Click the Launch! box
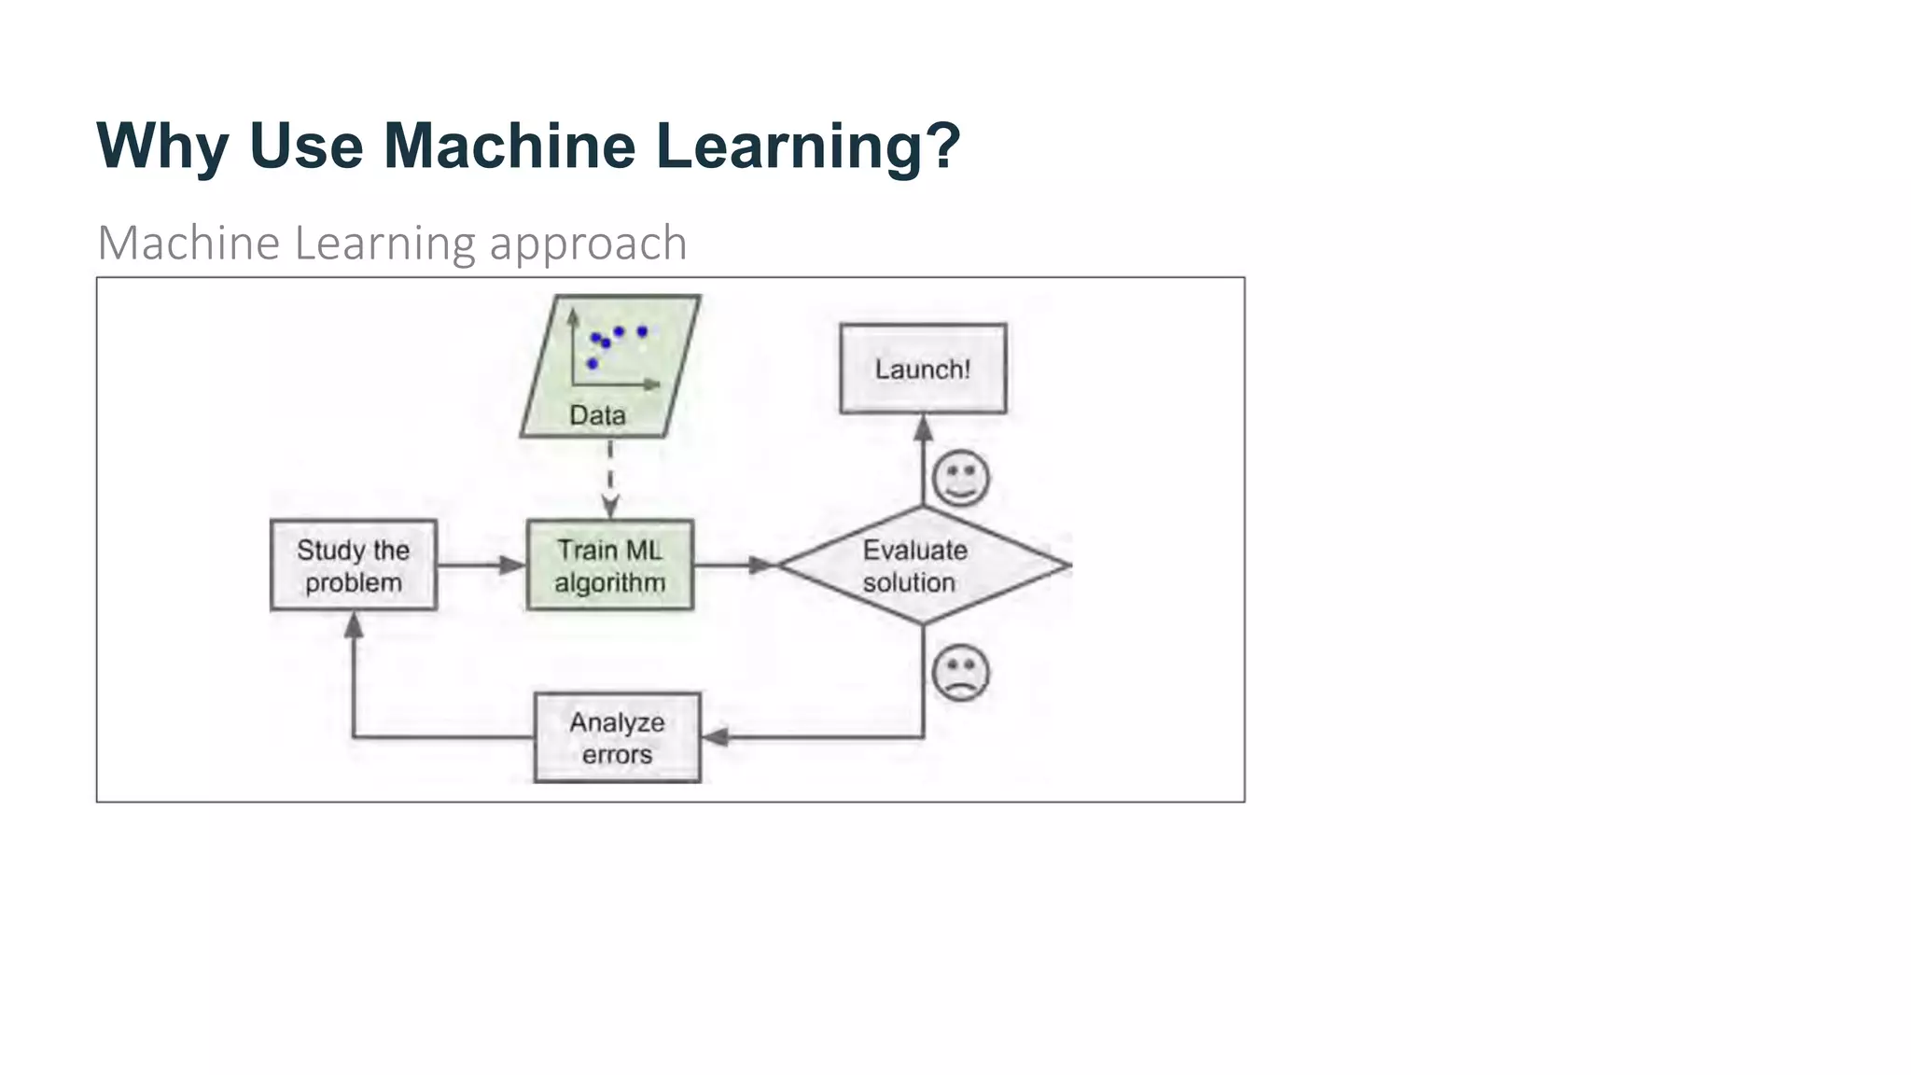point(923,369)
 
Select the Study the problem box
point(354,565)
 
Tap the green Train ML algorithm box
point(610,565)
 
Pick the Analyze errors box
point(617,737)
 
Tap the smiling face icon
point(960,478)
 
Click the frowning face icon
point(960,672)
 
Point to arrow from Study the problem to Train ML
point(481,565)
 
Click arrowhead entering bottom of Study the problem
point(354,625)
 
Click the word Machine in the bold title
point(509,147)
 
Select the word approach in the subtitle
point(588,244)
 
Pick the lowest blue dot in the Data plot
point(592,363)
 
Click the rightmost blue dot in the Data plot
point(642,331)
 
